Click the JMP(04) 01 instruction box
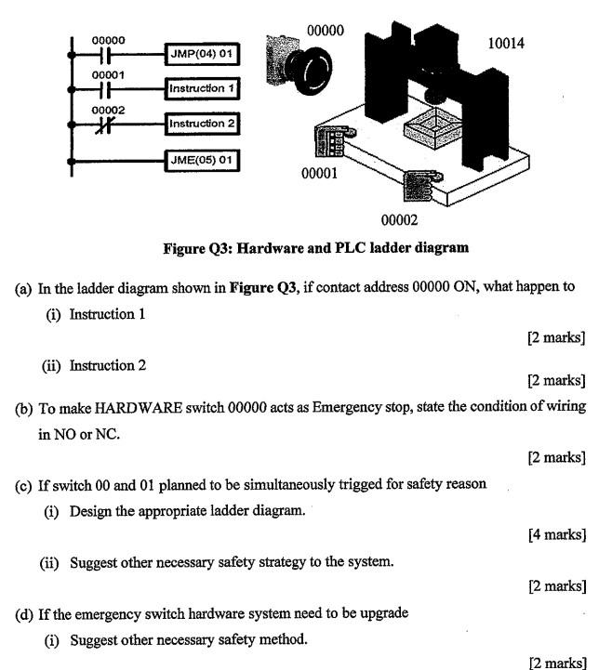201,54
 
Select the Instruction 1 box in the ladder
202,88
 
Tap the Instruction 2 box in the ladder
202,123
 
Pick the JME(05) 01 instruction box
201,160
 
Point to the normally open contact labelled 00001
108,89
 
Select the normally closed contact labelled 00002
108,125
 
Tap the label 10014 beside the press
505,43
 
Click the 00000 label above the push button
325,30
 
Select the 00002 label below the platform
399,219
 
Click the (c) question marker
24,484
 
